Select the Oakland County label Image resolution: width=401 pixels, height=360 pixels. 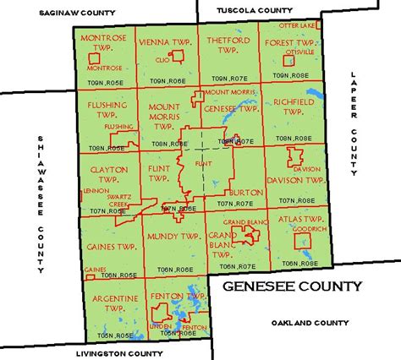[310, 323]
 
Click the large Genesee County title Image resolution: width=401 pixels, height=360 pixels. [292, 286]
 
